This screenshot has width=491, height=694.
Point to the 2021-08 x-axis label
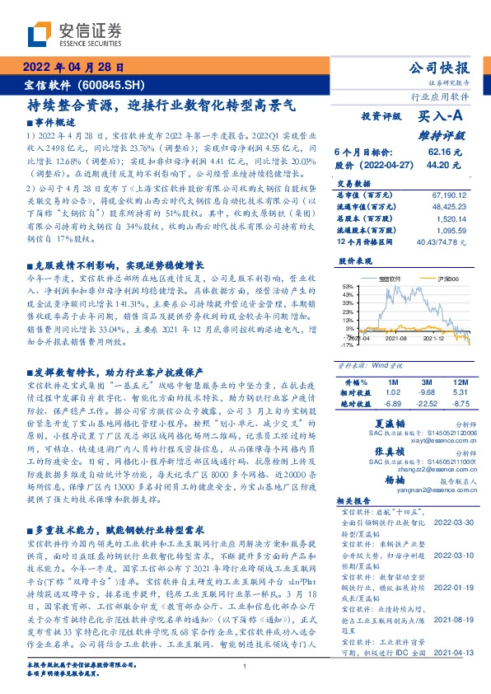(398, 338)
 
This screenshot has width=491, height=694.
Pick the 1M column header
(392, 382)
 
